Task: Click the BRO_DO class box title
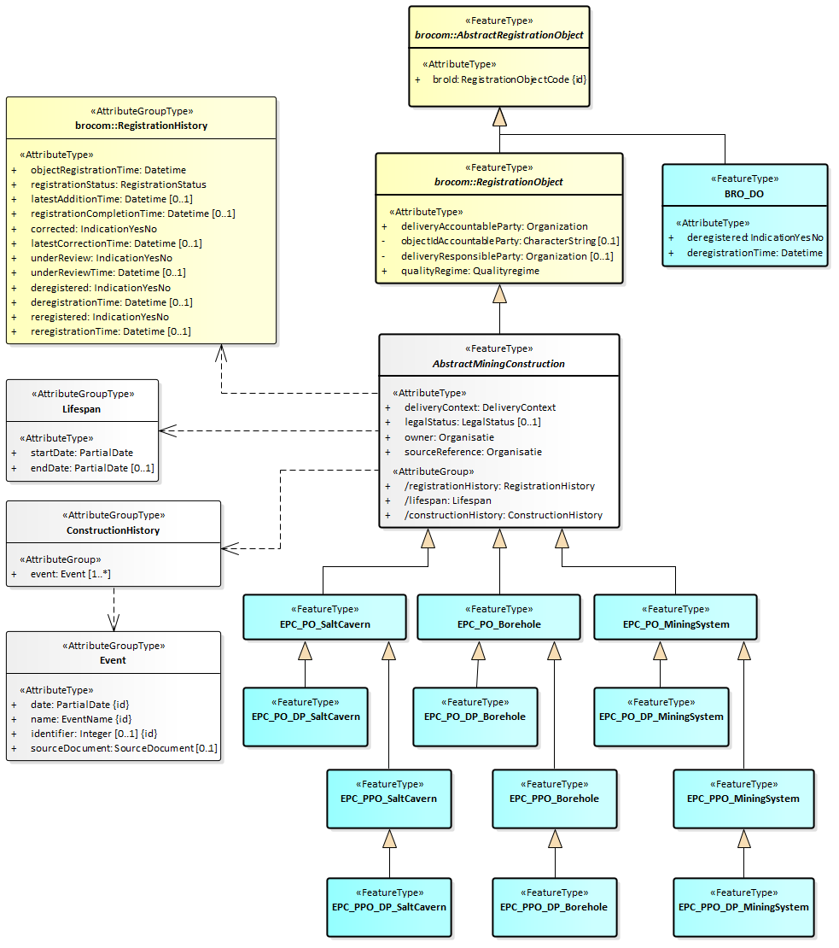pos(745,194)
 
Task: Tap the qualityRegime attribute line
pos(471,271)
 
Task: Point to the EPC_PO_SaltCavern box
pos(324,617)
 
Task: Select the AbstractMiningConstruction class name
pos(498,363)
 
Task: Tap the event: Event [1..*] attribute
pos(71,574)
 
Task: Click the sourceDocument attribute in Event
pos(124,748)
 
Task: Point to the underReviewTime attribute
pos(108,272)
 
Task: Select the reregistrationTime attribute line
pos(111,331)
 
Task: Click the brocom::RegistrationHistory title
pos(141,126)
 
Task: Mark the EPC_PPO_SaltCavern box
pos(389,798)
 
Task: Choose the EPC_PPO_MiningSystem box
pos(743,798)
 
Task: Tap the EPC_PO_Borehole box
pos(498,617)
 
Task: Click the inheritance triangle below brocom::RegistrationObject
pos(500,294)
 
